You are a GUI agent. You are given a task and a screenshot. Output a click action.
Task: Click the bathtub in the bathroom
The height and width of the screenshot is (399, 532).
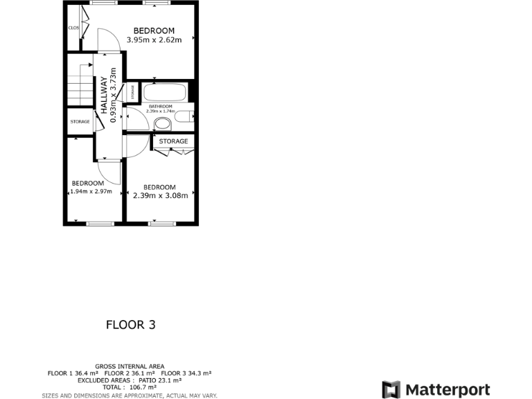[165, 93]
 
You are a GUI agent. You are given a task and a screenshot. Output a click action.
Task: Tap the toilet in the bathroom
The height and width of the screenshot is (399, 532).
[163, 124]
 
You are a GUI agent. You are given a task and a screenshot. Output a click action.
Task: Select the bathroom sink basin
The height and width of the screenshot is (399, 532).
[184, 116]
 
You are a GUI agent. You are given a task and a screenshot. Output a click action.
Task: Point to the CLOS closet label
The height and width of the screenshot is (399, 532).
[73, 28]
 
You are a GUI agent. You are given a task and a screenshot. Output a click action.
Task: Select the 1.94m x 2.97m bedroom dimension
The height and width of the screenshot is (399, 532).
[91, 191]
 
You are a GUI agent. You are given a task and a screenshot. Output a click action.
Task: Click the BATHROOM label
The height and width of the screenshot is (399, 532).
[160, 106]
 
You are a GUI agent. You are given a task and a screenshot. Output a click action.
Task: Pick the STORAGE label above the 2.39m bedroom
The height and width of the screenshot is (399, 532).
[173, 141]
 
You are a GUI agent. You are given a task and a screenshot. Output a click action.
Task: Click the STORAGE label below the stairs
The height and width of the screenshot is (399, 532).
[80, 122]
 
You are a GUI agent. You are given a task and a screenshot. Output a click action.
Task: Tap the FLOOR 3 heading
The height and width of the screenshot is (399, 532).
[130, 324]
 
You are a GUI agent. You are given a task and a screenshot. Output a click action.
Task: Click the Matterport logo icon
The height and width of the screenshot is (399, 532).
[391, 389]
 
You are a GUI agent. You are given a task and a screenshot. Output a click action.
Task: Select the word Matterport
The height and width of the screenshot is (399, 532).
[447, 389]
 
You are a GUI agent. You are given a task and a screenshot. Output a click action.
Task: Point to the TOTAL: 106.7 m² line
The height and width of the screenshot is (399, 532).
[130, 388]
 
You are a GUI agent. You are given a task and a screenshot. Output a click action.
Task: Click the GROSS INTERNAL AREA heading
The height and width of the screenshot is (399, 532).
[130, 366]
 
